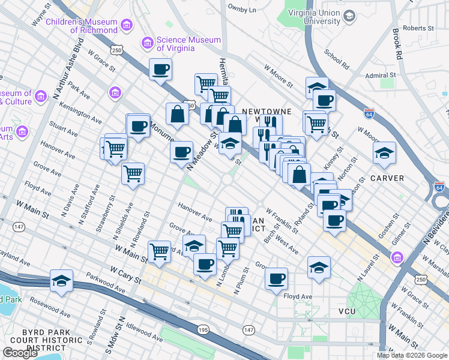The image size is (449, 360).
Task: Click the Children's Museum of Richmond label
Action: pos(86,25)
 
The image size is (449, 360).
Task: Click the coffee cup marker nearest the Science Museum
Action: pos(160,70)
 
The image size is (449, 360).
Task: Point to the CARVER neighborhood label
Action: pos(387,178)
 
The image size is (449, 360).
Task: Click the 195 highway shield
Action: pos(202,329)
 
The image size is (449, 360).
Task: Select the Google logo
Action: pos(20,353)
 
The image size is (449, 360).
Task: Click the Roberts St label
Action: pos(418,28)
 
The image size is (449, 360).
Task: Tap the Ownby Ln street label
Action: pos(242,10)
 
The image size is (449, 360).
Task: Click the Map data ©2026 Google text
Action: pos(412,355)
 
